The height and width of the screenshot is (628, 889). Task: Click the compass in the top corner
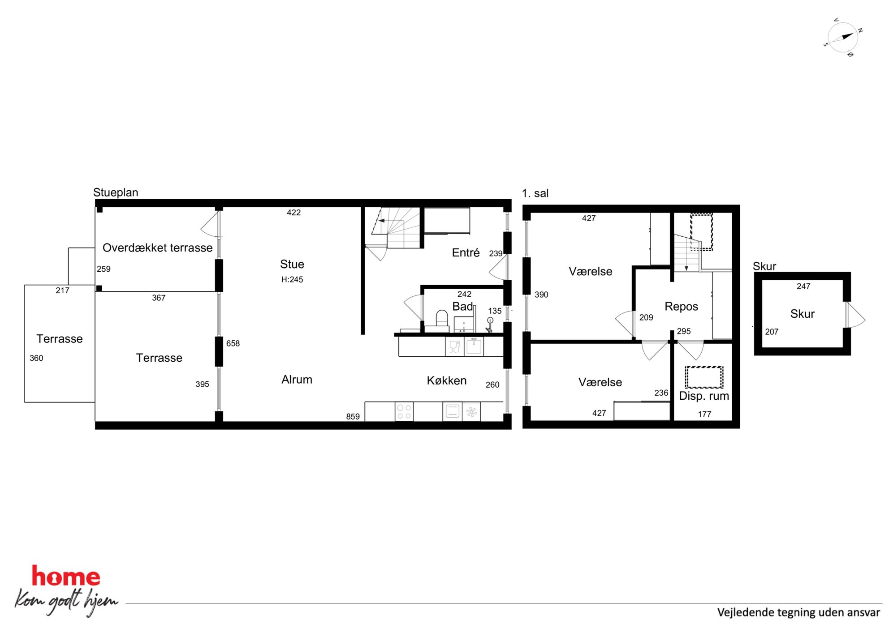[x=843, y=38]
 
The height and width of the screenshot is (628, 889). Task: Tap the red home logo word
[x=66, y=576]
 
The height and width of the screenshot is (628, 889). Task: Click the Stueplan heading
[x=116, y=192]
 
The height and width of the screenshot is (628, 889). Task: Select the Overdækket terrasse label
[x=158, y=248]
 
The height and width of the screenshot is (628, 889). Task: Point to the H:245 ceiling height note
[x=292, y=279]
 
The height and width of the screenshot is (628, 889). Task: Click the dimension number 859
[x=353, y=416]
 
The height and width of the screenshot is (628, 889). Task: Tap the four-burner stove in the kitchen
[x=404, y=411]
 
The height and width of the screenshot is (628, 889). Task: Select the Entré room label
[x=466, y=252]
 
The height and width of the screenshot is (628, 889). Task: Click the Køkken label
[x=447, y=380]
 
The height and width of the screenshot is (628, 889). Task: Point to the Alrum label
[x=297, y=380]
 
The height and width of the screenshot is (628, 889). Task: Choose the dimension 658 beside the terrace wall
[x=233, y=343]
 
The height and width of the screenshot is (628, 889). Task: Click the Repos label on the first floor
[x=681, y=307]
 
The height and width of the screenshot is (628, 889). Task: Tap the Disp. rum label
[x=704, y=396]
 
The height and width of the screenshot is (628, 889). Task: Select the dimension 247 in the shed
[x=803, y=286]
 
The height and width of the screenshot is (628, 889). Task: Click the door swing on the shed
[x=856, y=314]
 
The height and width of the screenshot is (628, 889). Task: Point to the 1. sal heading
[x=535, y=193]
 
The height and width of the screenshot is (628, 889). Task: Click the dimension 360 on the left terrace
[x=36, y=358]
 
